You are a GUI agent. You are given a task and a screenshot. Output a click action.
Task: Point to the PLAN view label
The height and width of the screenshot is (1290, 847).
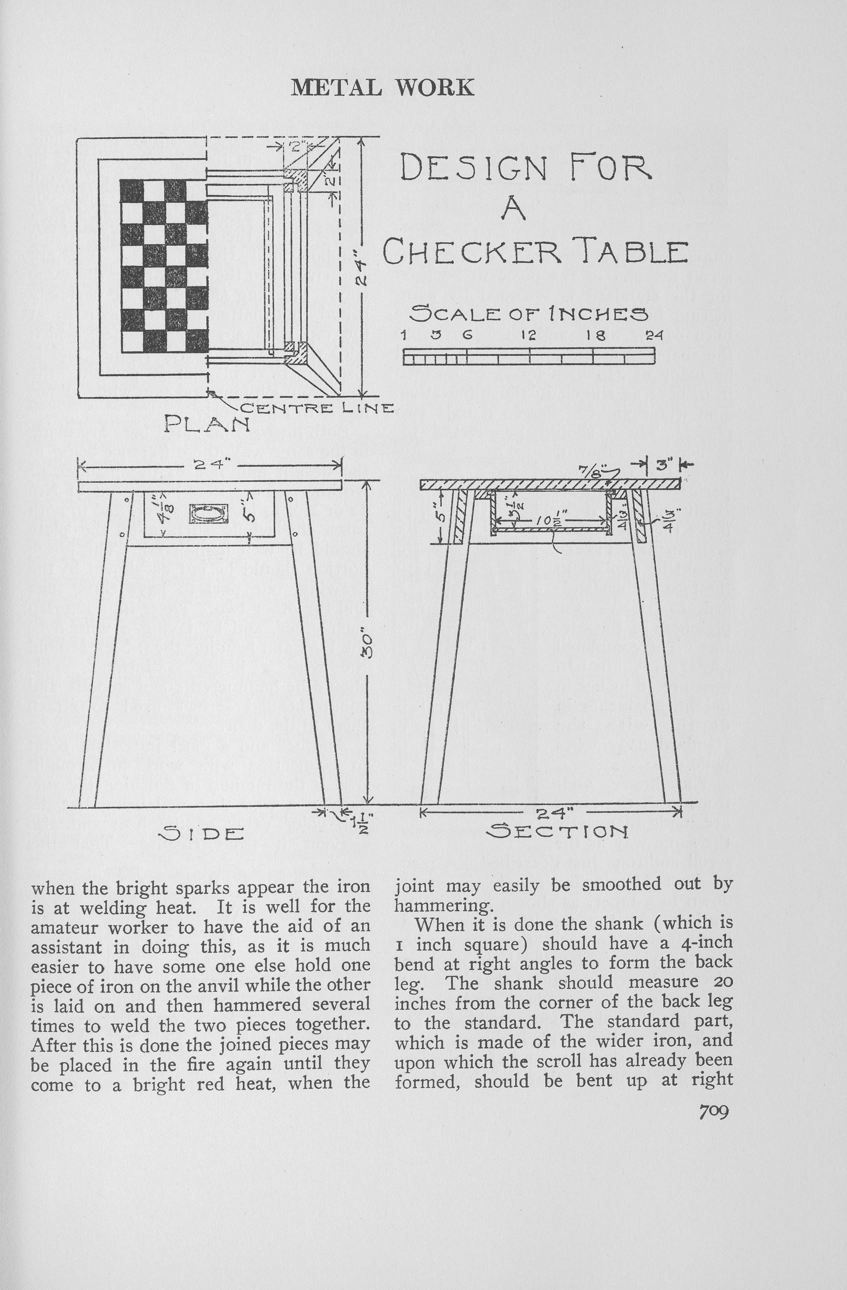tap(207, 423)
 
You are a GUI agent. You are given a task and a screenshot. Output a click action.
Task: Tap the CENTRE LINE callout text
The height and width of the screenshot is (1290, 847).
tap(317, 408)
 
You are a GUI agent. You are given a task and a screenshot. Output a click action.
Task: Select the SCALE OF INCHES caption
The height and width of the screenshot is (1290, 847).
tap(529, 313)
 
